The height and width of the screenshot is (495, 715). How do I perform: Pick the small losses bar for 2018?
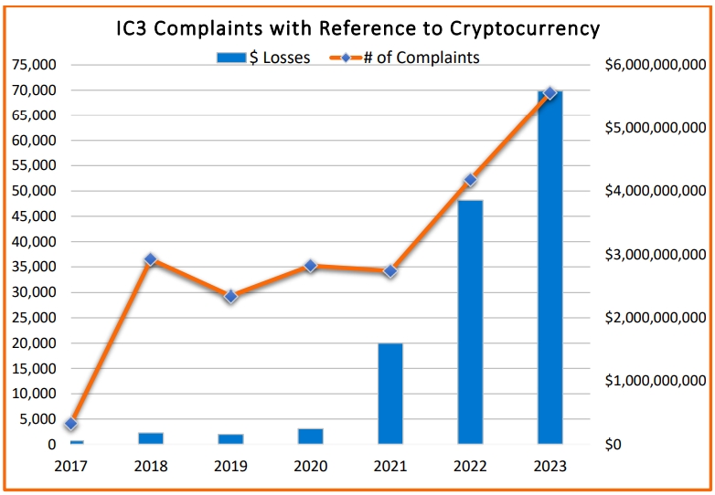151,438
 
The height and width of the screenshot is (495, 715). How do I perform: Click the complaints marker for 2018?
151,259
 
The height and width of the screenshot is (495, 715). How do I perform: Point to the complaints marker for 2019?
230,296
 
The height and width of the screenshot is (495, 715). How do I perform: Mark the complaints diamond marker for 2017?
71,424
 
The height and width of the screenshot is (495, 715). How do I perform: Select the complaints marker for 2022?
470,180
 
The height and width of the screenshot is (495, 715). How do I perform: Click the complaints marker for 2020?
311,266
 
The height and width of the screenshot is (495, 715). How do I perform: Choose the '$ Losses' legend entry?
265,58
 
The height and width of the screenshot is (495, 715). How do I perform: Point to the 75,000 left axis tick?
33,65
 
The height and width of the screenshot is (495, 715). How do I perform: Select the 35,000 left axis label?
33,268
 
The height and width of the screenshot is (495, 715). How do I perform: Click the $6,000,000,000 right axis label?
656,65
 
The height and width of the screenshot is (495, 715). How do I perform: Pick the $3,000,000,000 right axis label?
656,255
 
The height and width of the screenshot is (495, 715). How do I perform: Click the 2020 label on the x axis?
311,466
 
